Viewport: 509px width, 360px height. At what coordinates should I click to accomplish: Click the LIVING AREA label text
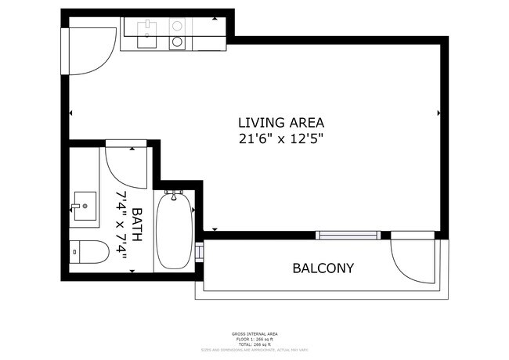[281, 123]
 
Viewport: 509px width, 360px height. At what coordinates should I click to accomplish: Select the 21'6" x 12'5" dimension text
[281, 139]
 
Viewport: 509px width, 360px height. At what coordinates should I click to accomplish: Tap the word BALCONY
[323, 268]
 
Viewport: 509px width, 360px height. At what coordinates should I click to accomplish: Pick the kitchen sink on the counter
[147, 31]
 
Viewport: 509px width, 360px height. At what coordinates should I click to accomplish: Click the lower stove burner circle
[178, 42]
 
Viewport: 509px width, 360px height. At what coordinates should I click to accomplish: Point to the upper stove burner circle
[178, 26]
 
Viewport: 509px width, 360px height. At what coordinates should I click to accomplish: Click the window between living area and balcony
[348, 235]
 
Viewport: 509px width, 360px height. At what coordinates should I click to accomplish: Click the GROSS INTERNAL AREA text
[254, 334]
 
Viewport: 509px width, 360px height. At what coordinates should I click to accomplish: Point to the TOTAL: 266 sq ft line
[254, 344]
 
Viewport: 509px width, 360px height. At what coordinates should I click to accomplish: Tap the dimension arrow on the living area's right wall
[439, 113]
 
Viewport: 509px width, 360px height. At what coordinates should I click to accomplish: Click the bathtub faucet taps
[174, 193]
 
